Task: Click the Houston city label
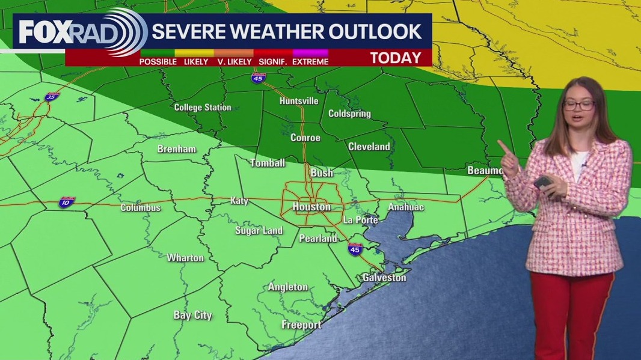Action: coord(311,207)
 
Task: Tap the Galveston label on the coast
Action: coord(384,277)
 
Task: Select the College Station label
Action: coord(203,108)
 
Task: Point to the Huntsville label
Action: coord(299,101)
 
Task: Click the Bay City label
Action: coord(192,315)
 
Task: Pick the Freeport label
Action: coord(301,325)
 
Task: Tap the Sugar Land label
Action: coord(259,231)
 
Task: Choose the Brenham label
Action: coord(177,149)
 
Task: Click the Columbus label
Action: coord(141,208)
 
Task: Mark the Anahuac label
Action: coord(406,207)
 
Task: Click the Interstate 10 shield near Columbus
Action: coord(67,202)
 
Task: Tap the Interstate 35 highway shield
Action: coord(52,97)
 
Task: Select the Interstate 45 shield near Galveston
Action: coord(355,248)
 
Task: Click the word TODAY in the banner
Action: coord(395,58)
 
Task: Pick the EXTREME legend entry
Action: coord(311,61)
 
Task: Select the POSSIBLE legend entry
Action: coord(158,61)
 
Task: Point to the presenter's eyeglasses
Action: coord(578,105)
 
